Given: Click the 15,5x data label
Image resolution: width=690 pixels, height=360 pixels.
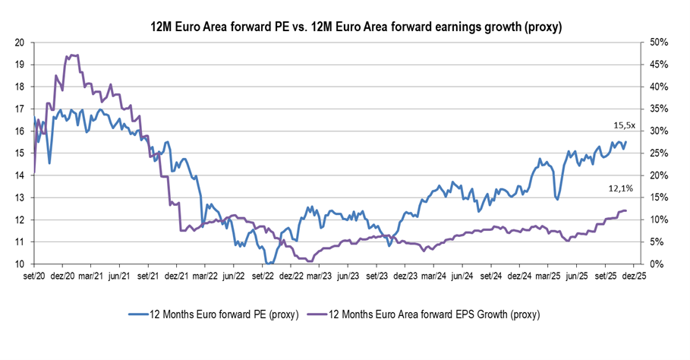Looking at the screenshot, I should [x=625, y=125].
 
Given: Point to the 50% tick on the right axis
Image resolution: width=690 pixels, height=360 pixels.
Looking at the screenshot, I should [x=657, y=43].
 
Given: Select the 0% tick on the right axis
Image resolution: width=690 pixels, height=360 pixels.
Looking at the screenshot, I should [x=654, y=264].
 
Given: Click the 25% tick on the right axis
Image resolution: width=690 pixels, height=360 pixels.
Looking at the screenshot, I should [x=657, y=153].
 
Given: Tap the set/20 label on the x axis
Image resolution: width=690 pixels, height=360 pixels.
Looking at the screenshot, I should [x=35, y=277].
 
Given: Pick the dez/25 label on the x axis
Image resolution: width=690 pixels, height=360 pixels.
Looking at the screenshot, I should [x=635, y=277].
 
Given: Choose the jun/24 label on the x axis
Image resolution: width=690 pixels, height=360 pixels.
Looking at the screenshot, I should [x=462, y=277].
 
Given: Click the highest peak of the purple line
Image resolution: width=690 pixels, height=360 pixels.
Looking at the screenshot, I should [x=72, y=55].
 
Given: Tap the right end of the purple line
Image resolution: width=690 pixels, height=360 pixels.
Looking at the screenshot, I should [x=625, y=210].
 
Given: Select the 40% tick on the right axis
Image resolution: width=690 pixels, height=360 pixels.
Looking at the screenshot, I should [x=657, y=87].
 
